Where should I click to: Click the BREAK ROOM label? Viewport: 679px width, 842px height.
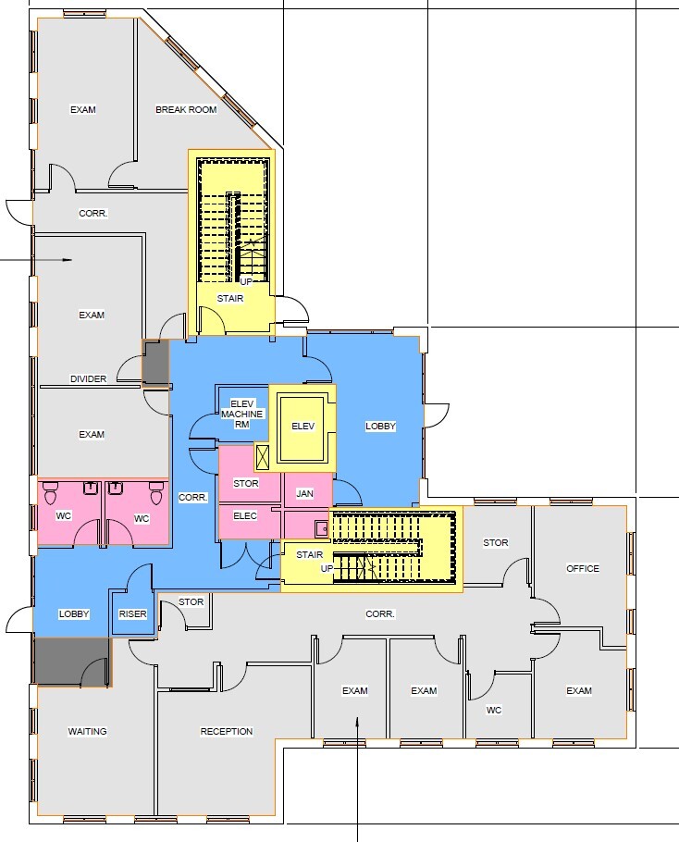coord(186,110)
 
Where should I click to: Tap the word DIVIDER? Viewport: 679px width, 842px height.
coord(88,378)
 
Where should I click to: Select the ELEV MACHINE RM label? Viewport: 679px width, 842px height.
coord(242,414)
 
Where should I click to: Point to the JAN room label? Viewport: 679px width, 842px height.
coord(304,495)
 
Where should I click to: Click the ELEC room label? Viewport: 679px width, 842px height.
coord(245,515)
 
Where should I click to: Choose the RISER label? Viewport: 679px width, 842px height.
coord(133,614)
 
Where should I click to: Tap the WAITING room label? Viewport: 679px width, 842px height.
coord(88,732)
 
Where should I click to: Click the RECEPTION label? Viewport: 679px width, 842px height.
coord(227,732)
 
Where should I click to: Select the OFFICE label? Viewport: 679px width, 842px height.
coord(583,569)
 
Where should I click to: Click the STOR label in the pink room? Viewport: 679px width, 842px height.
coord(246,483)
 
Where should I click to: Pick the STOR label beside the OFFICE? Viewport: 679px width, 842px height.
coord(496,543)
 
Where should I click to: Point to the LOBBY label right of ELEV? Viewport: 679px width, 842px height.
coord(380,427)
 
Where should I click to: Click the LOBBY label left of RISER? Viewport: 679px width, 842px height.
coord(74,614)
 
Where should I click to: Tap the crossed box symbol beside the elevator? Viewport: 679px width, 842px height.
coord(264,455)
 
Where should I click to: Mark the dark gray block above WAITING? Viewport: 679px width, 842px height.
coord(70,661)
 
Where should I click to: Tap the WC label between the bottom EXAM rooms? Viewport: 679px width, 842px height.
coord(494,711)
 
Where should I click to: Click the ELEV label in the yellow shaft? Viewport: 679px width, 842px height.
coord(303,427)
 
